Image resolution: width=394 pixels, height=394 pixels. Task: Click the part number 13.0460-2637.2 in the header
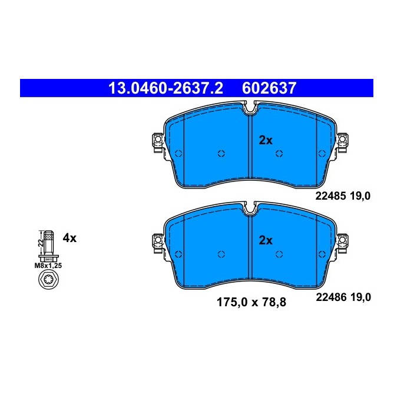click(165, 88)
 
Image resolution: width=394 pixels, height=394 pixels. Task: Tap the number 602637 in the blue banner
click(269, 88)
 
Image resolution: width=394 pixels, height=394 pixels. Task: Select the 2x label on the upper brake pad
click(266, 140)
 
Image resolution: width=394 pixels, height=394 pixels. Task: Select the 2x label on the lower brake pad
click(266, 240)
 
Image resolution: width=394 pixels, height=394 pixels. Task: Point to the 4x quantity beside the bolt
click(69, 239)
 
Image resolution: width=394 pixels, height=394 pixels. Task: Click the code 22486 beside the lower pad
click(328, 298)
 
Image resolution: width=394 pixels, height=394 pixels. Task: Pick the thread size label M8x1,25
click(48, 265)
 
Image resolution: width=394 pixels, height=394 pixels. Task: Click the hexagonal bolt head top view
click(48, 281)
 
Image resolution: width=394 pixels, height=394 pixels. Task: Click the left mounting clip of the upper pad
click(157, 141)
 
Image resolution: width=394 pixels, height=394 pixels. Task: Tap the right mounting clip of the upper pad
click(342, 141)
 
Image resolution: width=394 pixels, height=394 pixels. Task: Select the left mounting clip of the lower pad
click(157, 241)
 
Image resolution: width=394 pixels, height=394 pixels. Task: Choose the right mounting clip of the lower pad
click(342, 241)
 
